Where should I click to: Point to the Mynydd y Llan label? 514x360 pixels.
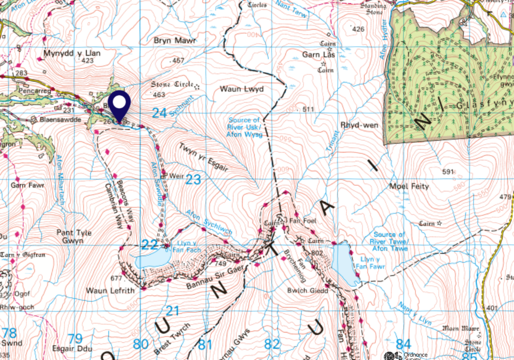(x=79, y=53)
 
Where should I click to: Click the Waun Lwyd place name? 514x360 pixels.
(x=242, y=89)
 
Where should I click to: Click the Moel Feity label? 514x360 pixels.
(x=409, y=186)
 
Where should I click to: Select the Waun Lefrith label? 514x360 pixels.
(x=110, y=290)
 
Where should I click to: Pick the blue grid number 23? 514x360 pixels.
(x=193, y=179)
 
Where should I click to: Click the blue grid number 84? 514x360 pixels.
(x=403, y=343)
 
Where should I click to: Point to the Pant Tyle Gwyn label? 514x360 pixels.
(x=79, y=237)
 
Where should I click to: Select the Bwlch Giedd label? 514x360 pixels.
(x=307, y=290)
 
